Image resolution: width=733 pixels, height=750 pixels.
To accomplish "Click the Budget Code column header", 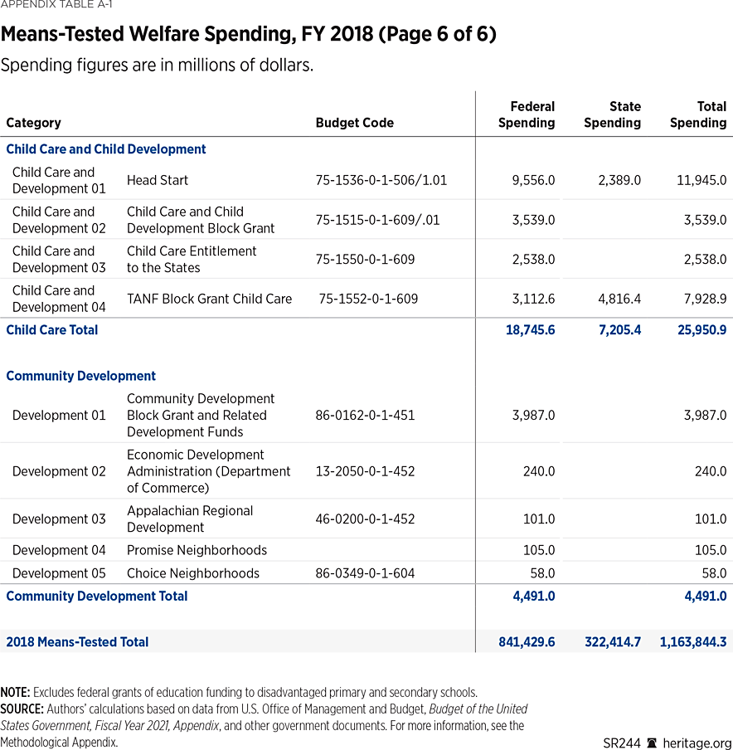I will (354, 123).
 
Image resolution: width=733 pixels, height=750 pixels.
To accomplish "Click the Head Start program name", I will (158, 180).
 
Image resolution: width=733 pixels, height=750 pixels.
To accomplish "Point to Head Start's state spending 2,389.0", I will (619, 180).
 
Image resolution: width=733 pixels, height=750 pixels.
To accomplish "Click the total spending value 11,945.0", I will (700, 180).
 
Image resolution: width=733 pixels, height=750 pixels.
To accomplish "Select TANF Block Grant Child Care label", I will (209, 299).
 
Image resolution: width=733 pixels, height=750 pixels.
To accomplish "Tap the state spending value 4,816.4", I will (619, 299).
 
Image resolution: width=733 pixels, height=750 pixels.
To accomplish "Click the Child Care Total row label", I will (52, 330).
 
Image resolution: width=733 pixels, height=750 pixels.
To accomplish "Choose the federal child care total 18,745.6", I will (530, 330).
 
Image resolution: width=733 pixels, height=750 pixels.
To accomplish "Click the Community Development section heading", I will (81, 376).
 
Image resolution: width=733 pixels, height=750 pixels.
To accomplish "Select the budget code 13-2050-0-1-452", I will (365, 471).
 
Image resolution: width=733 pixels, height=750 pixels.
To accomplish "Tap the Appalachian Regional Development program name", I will (190, 519).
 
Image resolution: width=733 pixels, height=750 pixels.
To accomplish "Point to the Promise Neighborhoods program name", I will (197, 550).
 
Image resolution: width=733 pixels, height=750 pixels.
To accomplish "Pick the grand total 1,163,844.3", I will (693, 642).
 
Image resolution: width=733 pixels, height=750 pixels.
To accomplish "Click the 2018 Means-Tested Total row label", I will (77, 642).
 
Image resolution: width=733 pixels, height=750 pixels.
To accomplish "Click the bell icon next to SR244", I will (652, 743).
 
